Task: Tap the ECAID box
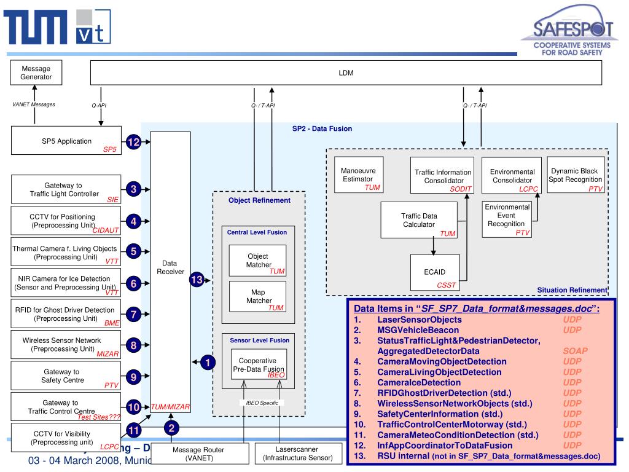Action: click(x=435, y=272)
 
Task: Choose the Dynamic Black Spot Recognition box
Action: click(x=576, y=175)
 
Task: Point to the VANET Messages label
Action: click(x=34, y=104)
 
